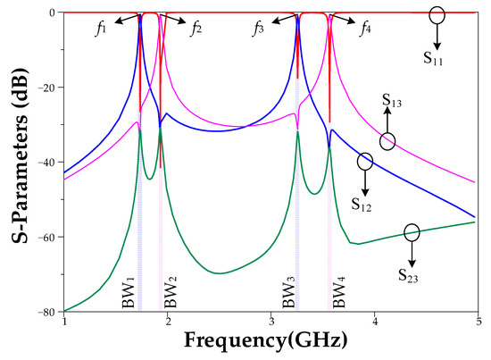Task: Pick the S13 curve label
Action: [390, 101]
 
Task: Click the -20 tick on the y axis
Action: [48, 88]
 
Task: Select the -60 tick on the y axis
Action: [48, 237]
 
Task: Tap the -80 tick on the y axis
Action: [48, 311]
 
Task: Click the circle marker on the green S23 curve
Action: [411, 232]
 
